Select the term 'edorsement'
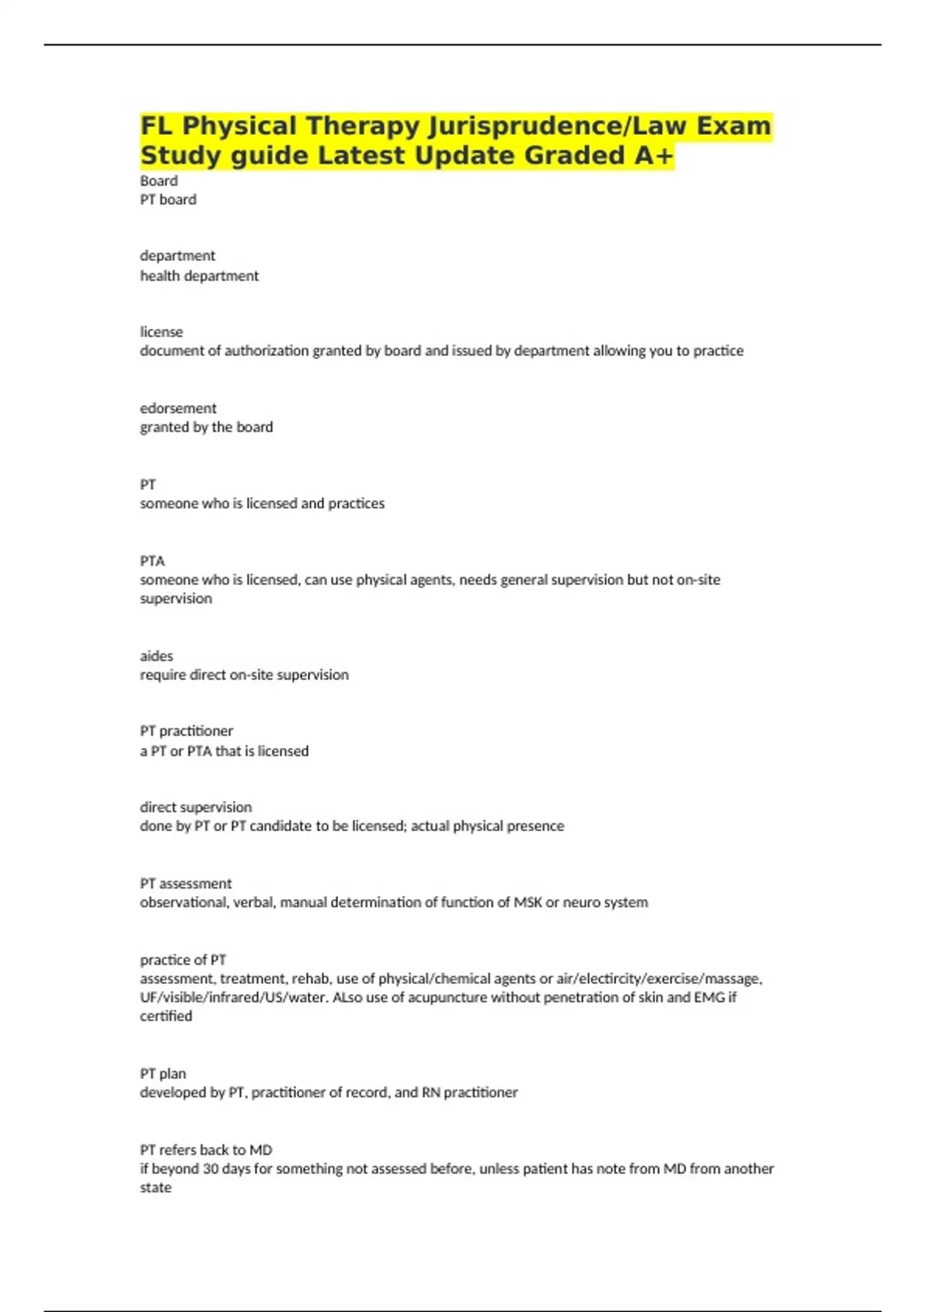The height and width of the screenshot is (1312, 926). tap(178, 408)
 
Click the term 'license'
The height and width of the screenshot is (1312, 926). tap(161, 332)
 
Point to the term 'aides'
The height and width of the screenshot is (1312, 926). tap(157, 656)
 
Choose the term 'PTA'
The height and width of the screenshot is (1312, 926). tap(153, 561)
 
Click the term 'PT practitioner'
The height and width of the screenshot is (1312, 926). tap(187, 731)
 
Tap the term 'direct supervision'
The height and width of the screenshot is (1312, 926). tap(196, 807)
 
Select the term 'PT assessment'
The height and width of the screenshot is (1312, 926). tap(186, 884)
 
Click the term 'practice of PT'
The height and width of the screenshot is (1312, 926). tap(183, 960)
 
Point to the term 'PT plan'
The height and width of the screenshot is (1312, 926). tap(163, 1074)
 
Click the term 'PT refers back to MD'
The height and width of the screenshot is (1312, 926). tap(206, 1150)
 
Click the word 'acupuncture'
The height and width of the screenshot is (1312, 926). tap(448, 998)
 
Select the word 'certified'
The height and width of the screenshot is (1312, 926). tap(166, 1016)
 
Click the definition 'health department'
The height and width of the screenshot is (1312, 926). tap(199, 276)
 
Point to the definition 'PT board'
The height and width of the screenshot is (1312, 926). tap(168, 200)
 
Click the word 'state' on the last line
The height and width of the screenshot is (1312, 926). tap(156, 1188)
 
